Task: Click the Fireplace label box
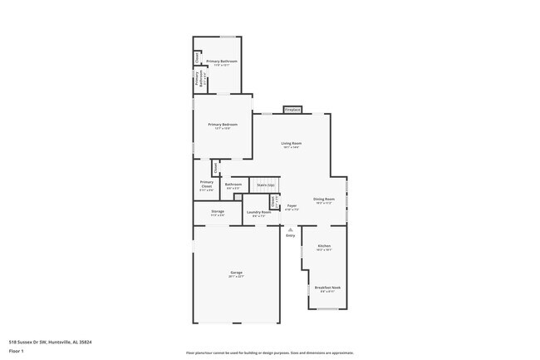tap(292, 110)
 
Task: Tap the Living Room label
tap(292, 143)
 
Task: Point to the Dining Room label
tap(324, 199)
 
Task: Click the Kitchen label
tap(324, 245)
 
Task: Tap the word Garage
tap(237, 272)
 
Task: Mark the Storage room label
tap(217, 211)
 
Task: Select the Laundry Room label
tap(258, 212)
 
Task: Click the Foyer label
tap(292, 205)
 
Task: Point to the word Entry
tap(291, 236)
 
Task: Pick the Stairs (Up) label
tap(266, 185)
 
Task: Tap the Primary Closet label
tap(207, 184)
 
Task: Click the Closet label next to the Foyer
tap(272, 201)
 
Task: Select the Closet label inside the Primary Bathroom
tap(197, 57)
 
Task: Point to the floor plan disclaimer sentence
tap(269, 353)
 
